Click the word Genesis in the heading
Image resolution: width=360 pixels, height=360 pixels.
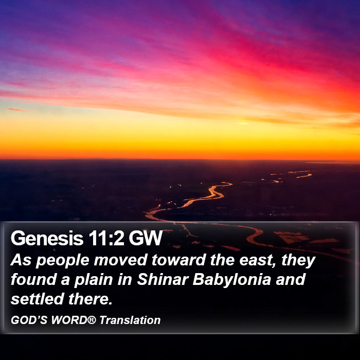click(47, 238)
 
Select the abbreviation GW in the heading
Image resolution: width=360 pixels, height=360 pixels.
click(146, 238)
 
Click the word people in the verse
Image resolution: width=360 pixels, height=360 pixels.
click(62, 261)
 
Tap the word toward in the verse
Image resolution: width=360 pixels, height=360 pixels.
click(178, 260)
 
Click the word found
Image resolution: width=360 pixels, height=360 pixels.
click(33, 279)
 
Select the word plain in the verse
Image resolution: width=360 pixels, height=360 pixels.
click(94, 281)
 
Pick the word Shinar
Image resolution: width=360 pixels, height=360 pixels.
click(163, 279)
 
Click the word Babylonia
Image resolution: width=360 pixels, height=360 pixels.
click(232, 281)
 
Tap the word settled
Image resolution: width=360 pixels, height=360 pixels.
click(37, 299)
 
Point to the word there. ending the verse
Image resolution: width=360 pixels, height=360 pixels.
click(90, 299)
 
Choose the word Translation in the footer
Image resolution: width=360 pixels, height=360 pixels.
click(130, 320)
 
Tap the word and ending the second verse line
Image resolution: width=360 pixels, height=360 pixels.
click(291, 279)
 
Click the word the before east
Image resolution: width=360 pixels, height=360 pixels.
click(222, 260)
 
